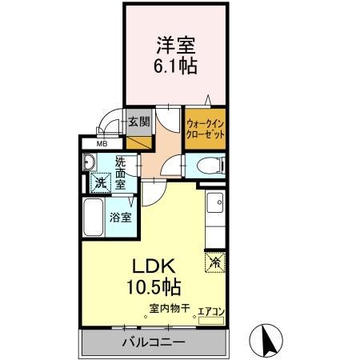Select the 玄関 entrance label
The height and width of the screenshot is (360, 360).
pos(138,122)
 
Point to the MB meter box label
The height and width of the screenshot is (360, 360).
pos(102,144)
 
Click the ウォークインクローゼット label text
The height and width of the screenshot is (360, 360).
pos(205,129)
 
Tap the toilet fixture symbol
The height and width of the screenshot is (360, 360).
pos(210,166)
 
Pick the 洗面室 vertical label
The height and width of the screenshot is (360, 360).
pos(120,171)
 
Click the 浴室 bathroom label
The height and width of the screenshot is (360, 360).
pos(120,217)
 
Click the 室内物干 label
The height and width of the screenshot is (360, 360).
pos(168,308)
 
